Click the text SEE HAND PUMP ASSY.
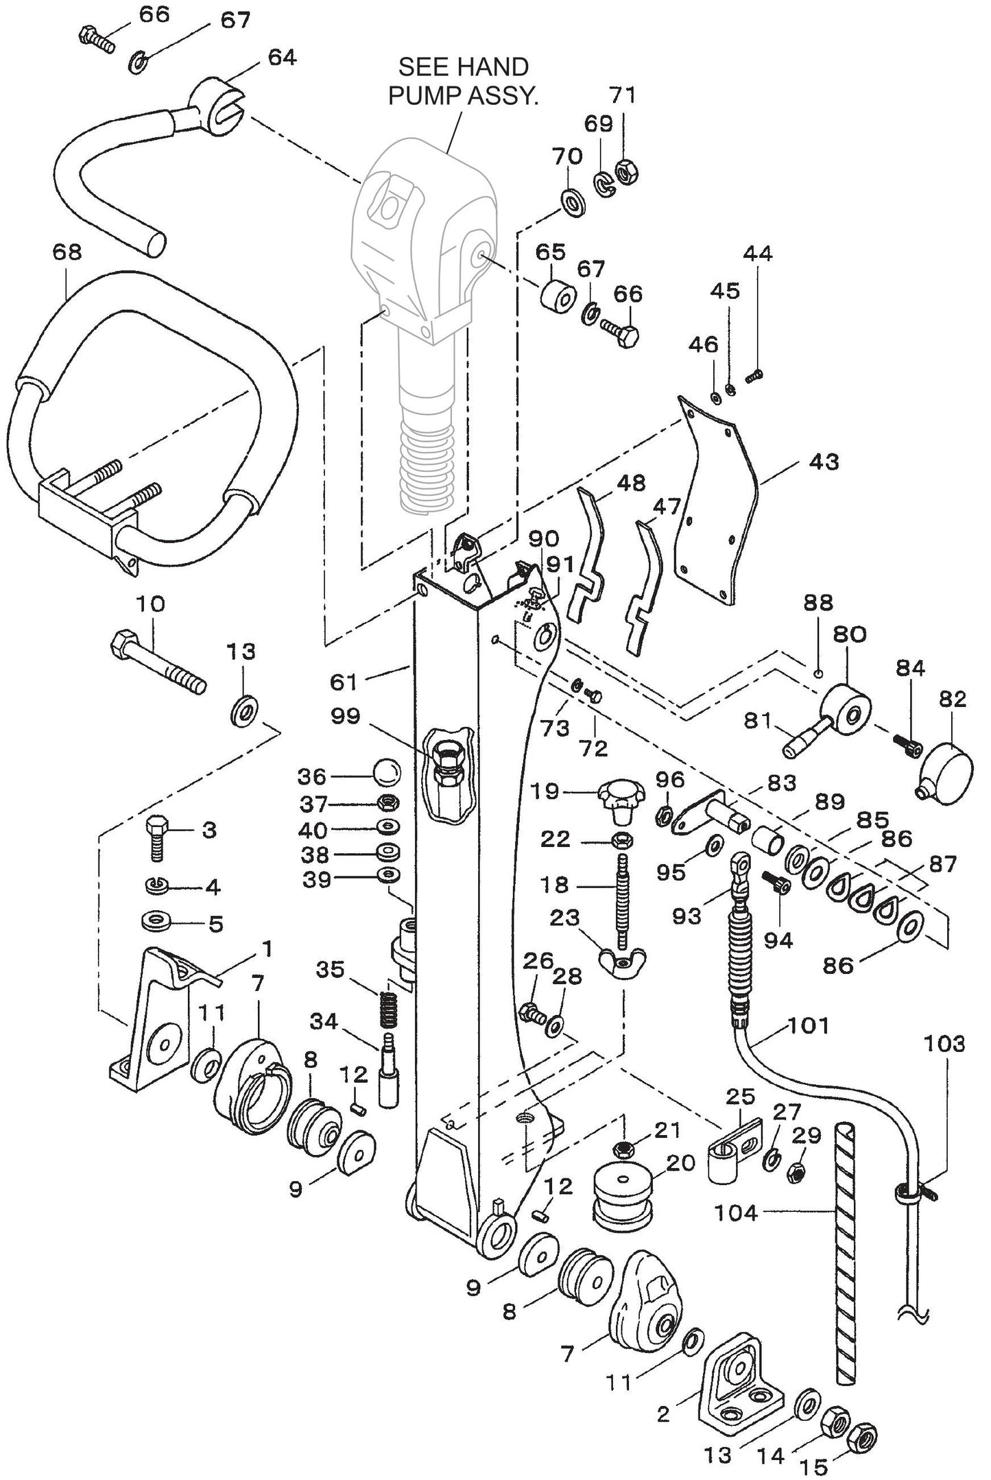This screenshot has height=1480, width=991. pyautogui.click(x=463, y=81)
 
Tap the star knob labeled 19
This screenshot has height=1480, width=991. pyautogui.click(x=621, y=800)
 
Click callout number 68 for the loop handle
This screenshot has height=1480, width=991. pyautogui.click(x=67, y=252)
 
